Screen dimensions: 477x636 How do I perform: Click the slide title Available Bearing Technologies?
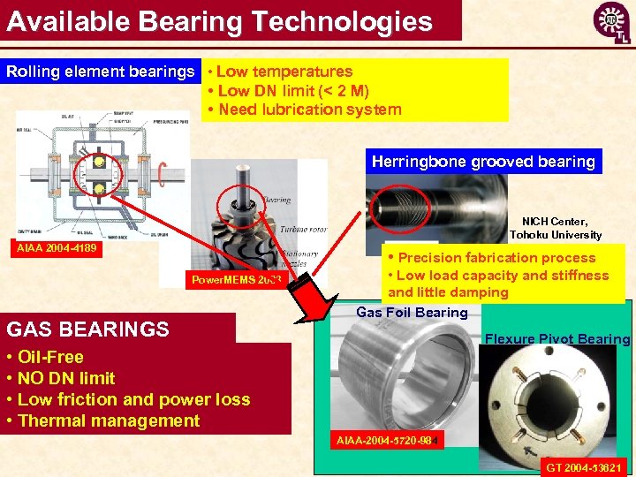pos(219,21)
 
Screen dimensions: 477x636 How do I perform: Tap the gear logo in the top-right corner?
pos(610,20)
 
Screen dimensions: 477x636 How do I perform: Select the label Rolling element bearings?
pos(100,72)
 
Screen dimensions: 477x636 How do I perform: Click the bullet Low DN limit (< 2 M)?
pos(287,91)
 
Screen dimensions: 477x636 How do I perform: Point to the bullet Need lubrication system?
pos(303,110)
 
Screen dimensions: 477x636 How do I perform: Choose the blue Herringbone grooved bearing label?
pos(483,162)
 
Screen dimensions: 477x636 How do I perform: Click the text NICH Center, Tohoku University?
pos(555,228)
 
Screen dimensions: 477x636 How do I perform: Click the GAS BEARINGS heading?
pos(87,329)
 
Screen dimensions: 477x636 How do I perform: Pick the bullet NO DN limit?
pos(61,378)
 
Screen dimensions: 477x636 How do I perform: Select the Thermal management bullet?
pos(103,420)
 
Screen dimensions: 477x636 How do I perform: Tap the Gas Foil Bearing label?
pos(412,313)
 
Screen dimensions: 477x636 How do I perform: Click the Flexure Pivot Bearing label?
pos(558,339)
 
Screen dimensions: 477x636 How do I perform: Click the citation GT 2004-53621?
pos(584,466)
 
